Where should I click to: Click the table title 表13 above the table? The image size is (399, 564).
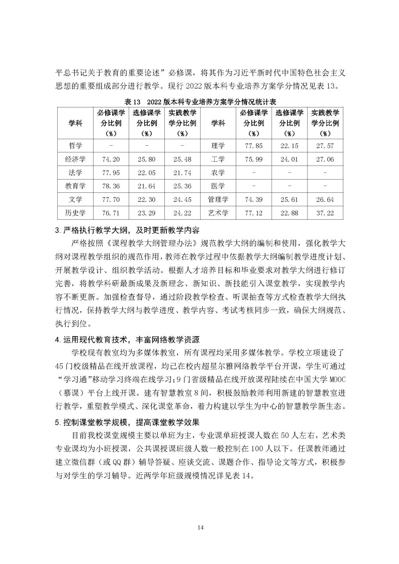(x=200, y=102)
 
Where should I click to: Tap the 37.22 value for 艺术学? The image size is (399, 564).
(x=325, y=213)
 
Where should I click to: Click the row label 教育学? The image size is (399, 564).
(x=75, y=186)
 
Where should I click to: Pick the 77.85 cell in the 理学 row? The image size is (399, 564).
(x=253, y=146)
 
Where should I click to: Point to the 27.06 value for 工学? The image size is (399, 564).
(x=325, y=159)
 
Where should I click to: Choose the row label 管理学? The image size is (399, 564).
(x=218, y=200)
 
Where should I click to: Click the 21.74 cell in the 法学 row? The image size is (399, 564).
(x=182, y=173)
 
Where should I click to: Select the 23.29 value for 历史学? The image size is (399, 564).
(x=146, y=213)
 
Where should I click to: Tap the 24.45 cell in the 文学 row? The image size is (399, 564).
(x=182, y=200)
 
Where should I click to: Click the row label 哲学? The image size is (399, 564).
(x=75, y=146)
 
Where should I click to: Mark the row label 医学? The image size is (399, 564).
(x=218, y=186)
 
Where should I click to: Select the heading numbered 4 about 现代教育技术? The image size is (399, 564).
(x=128, y=340)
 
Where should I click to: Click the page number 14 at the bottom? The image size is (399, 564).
(x=200, y=527)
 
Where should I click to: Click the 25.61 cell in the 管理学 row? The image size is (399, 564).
(x=289, y=200)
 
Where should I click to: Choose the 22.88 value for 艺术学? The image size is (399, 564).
(x=289, y=213)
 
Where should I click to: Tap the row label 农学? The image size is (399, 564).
(x=218, y=173)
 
